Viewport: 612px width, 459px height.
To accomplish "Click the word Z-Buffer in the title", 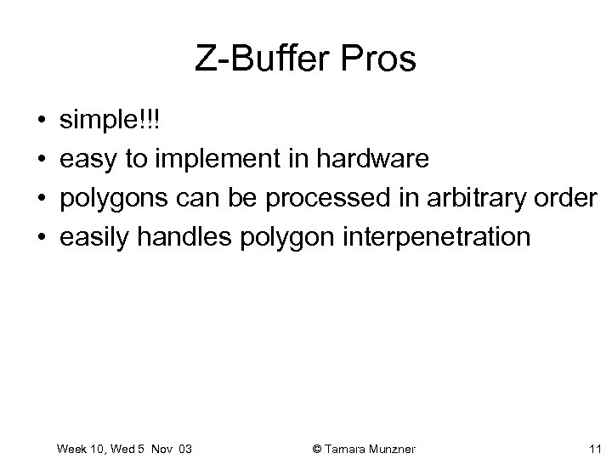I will pos(252,59).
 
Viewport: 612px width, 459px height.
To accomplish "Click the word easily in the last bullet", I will pos(91,236).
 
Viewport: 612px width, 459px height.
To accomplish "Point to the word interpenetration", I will pos(435,236).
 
